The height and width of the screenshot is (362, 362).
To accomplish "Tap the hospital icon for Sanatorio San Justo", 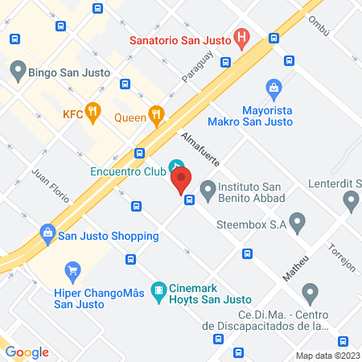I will pyautogui.click(x=241, y=38).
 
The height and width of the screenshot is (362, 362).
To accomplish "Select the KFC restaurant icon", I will pyautogui.click(x=93, y=114).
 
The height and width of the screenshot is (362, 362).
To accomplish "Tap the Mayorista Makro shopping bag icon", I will pyautogui.click(x=274, y=88).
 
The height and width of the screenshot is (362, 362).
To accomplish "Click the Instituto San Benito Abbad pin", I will pyautogui.click(x=208, y=191).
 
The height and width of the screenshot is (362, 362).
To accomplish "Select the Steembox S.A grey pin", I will pyautogui.click(x=298, y=220).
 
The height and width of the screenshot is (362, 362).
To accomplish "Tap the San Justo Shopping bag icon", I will pyautogui.click(x=47, y=234).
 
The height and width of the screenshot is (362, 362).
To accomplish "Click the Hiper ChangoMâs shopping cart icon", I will pyautogui.click(x=73, y=270).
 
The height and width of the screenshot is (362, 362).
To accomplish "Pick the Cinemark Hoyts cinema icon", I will pyautogui.click(x=159, y=290).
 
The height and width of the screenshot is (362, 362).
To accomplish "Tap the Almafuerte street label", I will pyautogui.click(x=200, y=150).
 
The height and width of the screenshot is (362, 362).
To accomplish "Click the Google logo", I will pyautogui.click(x=27, y=352).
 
